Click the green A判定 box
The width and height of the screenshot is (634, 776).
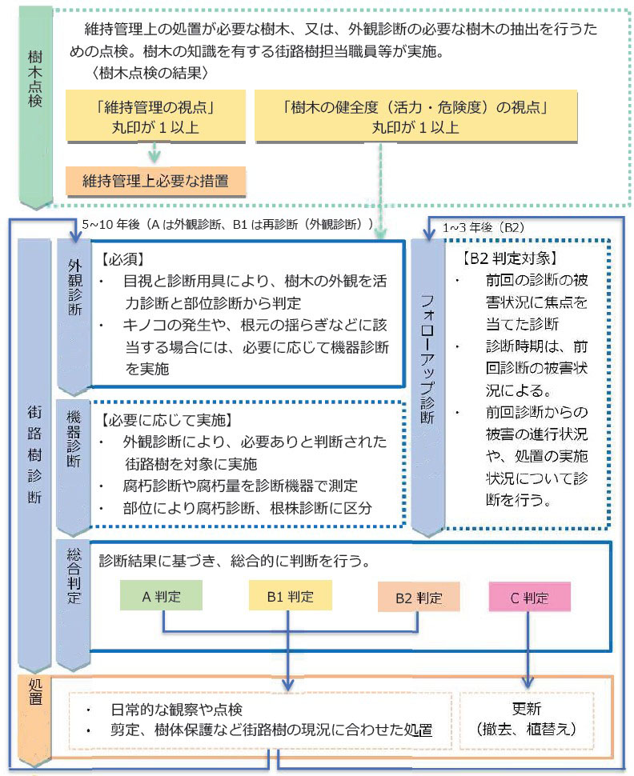[161, 595]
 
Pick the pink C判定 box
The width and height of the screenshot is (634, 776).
[530, 597]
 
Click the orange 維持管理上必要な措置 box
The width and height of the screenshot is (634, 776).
[155, 182]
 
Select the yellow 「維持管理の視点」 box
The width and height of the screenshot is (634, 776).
[155, 115]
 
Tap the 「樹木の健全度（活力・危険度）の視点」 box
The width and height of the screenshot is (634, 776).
[415, 115]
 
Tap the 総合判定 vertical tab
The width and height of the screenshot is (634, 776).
[74, 592]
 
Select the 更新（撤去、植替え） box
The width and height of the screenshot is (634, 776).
[529, 719]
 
